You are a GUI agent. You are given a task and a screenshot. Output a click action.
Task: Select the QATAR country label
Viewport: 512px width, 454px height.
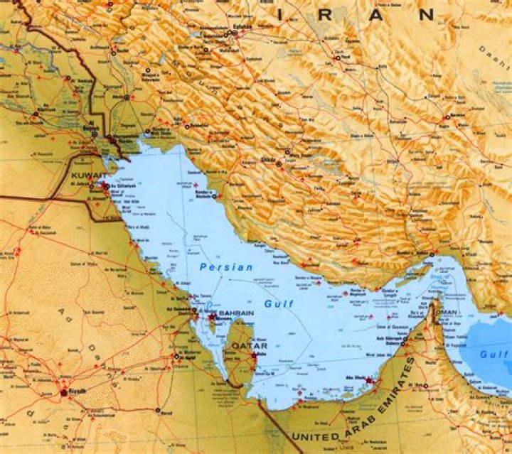[x=244, y=347]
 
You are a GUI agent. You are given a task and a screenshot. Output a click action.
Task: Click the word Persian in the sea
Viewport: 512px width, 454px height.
[x=226, y=267]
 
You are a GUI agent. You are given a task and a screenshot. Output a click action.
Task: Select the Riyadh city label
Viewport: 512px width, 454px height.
[x=76, y=391]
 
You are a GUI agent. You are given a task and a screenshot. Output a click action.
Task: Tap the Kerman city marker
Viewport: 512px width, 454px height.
[x=446, y=118]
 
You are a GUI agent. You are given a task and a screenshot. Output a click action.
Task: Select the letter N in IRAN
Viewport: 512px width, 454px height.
[x=426, y=13]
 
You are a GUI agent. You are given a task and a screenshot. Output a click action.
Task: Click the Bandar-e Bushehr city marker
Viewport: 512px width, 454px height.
[x=214, y=196]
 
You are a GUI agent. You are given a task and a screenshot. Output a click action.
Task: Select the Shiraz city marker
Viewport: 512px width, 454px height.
[x=278, y=164]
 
